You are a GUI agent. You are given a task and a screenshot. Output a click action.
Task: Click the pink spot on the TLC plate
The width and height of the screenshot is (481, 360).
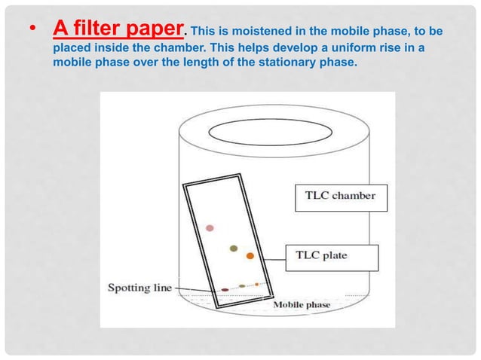point(210,227)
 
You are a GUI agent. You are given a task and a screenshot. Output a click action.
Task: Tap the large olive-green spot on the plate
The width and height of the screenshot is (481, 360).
point(234,248)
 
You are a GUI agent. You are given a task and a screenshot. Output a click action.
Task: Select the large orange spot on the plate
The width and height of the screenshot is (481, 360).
point(250,256)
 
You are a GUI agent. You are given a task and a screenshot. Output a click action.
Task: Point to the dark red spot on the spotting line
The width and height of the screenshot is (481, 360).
point(225,289)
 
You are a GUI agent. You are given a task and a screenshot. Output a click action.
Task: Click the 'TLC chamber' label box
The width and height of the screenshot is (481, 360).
point(339,197)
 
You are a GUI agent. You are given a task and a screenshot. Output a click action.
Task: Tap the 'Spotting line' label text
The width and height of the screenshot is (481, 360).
point(140,287)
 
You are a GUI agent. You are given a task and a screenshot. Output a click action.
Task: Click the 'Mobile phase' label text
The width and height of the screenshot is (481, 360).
point(302,304)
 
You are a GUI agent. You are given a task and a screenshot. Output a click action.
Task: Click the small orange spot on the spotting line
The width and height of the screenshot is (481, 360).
point(257,284)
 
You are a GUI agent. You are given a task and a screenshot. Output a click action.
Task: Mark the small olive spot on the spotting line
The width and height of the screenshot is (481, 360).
point(241,286)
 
